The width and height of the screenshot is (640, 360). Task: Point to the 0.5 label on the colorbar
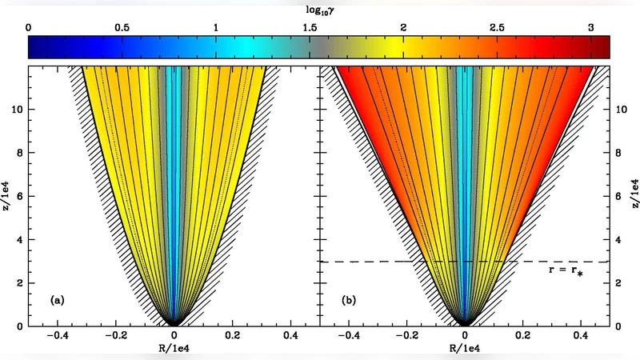122,27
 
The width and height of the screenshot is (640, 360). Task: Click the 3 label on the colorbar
590,27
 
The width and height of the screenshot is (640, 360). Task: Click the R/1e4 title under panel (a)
174,350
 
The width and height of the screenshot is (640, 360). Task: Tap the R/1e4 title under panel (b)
466,350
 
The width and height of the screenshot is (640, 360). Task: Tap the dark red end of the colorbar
606,48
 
